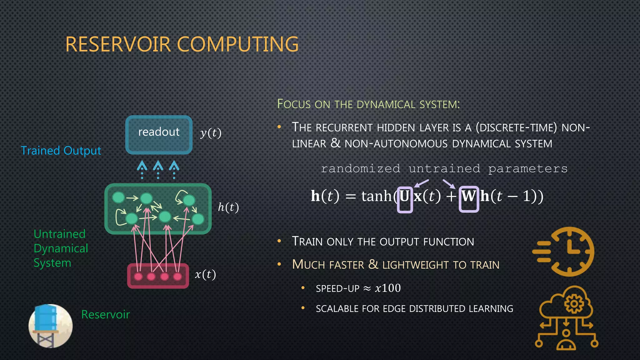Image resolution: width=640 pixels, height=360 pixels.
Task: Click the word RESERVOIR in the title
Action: pos(118,44)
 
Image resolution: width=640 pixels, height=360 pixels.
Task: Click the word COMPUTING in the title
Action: pos(238,44)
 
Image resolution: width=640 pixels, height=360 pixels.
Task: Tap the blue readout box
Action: pos(159,135)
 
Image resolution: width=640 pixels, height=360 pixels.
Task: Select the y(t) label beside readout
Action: pos(211,133)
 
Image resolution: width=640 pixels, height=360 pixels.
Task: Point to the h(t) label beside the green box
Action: pos(228,207)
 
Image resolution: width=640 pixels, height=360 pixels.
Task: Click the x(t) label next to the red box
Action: pos(205,274)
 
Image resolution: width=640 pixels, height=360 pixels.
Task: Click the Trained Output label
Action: pos(61,151)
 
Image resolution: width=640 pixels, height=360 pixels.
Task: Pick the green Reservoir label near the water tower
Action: pos(105,314)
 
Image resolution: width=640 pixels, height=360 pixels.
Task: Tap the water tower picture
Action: pos(50,326)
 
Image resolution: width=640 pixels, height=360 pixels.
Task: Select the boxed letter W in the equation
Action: pos(468,197)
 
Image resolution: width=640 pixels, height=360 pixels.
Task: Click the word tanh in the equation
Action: pos(376,197)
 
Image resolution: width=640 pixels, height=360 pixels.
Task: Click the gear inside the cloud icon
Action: pos(573,303)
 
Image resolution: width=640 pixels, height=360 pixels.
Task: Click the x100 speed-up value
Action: pos(388,288)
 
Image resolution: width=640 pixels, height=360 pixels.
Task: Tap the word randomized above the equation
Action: pos(360,169)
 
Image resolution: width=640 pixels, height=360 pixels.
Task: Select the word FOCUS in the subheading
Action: pos(294,104)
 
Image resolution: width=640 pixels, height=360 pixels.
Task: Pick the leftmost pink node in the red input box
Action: pos(138,277)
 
